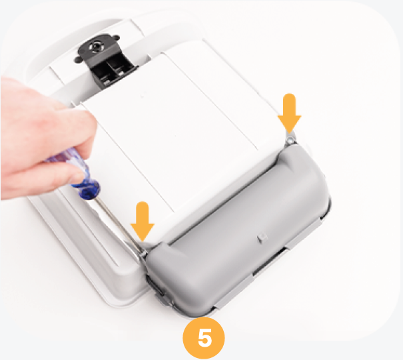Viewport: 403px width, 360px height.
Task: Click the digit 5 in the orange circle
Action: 204,337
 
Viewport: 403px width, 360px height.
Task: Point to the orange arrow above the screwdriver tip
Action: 143,221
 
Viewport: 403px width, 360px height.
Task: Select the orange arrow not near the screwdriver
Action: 289,113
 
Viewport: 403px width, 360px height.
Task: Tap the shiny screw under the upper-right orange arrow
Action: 291,140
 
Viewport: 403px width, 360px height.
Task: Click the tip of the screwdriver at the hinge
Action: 143,253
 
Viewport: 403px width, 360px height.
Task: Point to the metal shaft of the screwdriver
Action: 118,224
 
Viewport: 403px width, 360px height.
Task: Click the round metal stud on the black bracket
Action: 97,47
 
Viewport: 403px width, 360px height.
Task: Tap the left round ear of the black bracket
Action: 77,60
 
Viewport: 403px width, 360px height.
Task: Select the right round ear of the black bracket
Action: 116,38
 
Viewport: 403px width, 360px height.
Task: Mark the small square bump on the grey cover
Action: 262,237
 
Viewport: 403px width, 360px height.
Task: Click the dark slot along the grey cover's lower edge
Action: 270,260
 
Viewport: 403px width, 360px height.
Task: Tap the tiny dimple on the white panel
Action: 143,97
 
